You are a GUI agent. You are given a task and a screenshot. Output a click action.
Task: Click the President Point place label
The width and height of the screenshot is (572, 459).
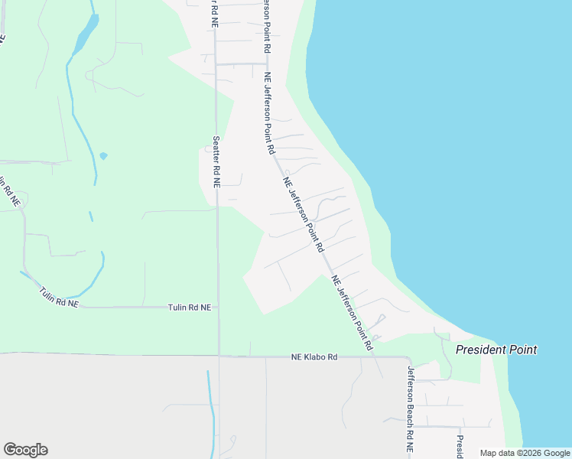(496, 350)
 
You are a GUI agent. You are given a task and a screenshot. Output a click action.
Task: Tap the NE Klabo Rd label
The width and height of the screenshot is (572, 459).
(314, 357)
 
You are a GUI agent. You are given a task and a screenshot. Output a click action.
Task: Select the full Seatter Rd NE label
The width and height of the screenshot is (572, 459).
(216, 163)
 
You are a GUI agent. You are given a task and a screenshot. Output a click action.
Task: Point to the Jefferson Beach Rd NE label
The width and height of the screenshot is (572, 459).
(411, 405)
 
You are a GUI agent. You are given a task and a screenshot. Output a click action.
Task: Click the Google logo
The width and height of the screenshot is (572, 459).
(25, 450)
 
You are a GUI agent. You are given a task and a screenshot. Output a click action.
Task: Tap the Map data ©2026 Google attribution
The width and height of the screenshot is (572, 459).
(525, 453)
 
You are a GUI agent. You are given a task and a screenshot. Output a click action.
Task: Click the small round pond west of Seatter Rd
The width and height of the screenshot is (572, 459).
(103, 156)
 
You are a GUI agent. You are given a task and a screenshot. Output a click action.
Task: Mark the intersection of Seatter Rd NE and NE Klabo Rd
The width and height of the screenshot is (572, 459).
(219, 356)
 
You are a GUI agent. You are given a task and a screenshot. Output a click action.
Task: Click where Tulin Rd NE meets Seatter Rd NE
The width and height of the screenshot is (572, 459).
(218, 308)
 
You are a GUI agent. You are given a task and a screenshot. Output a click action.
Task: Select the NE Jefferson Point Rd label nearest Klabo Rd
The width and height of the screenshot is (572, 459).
(353, 313)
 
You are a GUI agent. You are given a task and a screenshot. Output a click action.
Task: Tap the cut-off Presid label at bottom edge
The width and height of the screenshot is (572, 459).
(460, 447)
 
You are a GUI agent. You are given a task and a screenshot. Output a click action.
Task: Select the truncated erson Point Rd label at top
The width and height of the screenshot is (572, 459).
(267, 25)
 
